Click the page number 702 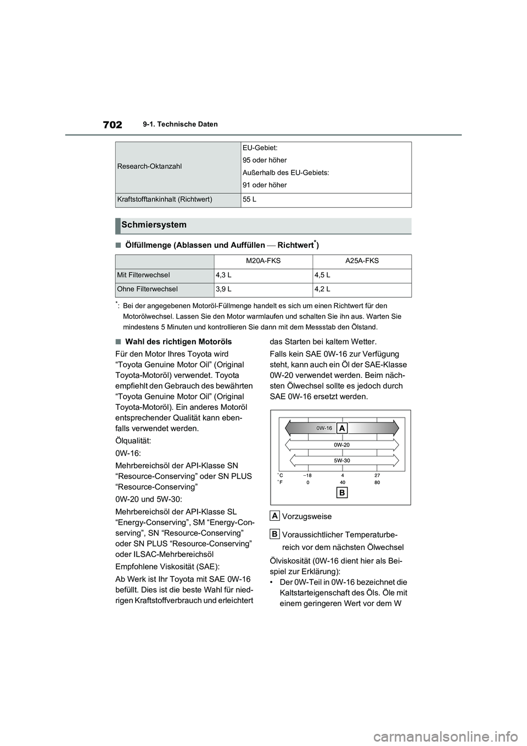click(112, 125)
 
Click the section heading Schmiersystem click(154, 225)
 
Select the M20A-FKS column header click(263, 261)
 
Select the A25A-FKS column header click(361, 261)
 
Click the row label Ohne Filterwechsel click(147, 289)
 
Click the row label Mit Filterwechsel click(143, 275)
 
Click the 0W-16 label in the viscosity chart click(324, 427)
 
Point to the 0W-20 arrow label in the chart click(341, 444)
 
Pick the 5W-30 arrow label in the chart click(341, 460)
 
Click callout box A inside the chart click(342, 427)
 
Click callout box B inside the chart click(341, 493)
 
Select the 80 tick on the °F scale click(377, 482)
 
